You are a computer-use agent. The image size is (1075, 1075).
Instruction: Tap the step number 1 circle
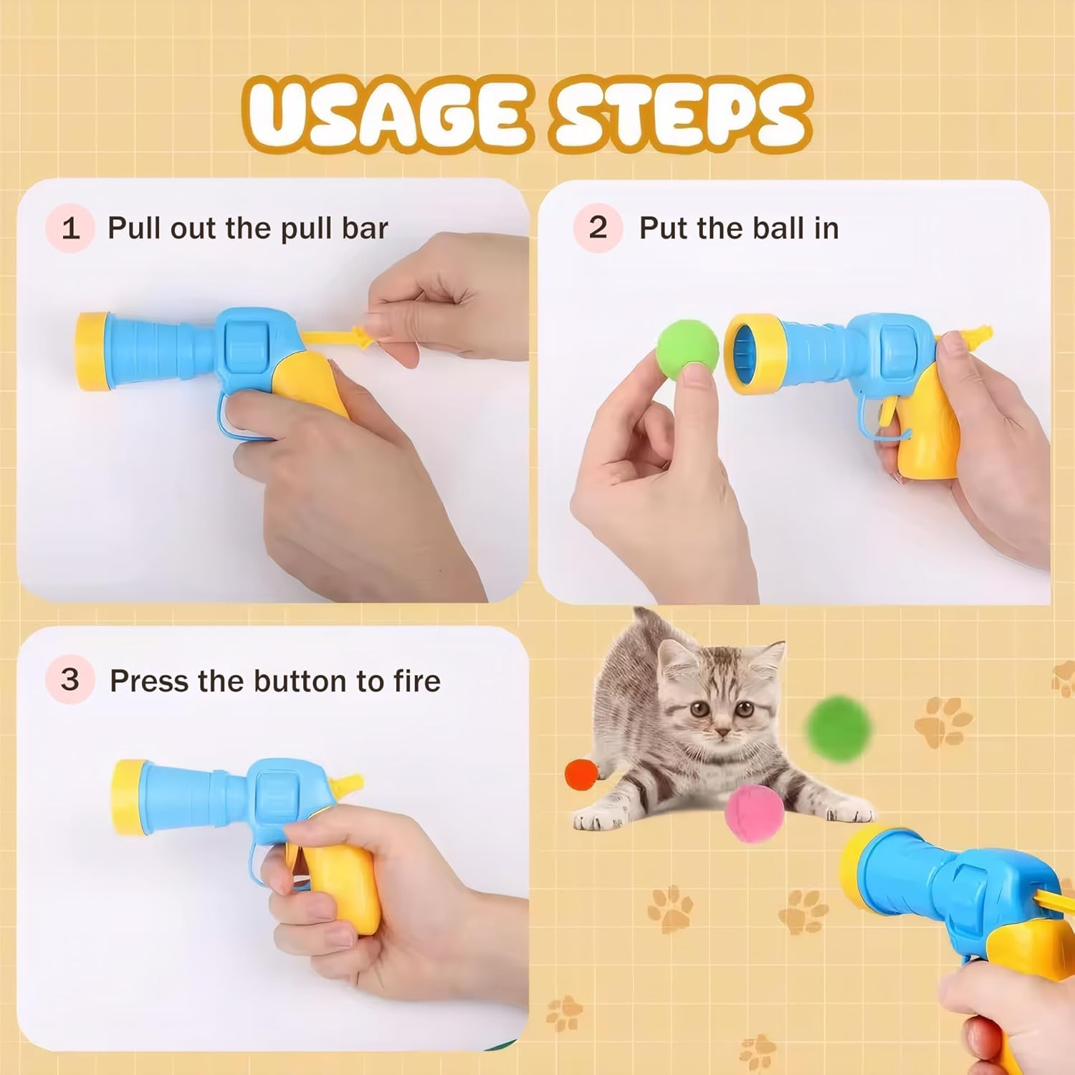tap(70, 229)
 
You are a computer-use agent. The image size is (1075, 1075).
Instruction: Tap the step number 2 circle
tap(597, 228)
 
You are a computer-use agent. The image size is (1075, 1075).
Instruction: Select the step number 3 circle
tap(70, 679)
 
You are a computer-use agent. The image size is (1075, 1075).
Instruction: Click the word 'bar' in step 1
tap(365, 229)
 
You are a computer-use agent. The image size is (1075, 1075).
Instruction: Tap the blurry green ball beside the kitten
tap(838, 726)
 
